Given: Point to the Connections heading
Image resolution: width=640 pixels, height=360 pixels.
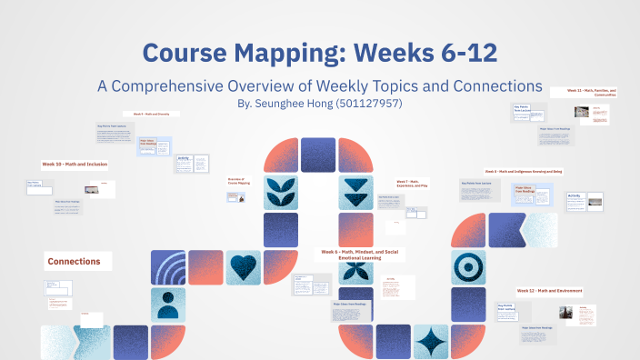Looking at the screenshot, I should click(x=80, y=262).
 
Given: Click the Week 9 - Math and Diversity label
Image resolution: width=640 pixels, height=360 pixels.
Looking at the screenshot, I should click(x=156, y=114).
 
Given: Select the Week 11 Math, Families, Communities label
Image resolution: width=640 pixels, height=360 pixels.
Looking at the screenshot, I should click(x=592, y=93).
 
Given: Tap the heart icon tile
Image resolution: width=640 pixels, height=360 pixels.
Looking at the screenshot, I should click(x=242, y=266).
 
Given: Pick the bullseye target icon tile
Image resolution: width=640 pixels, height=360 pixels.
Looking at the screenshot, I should click(x=469, y=266).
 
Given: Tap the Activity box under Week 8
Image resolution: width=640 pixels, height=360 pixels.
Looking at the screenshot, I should click(x=574, y=195).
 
